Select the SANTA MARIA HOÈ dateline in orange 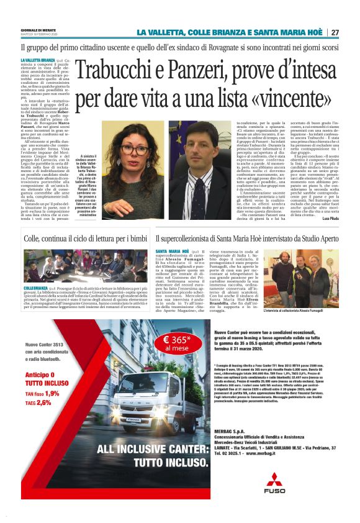pyautogui.click(x=169, y=252)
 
